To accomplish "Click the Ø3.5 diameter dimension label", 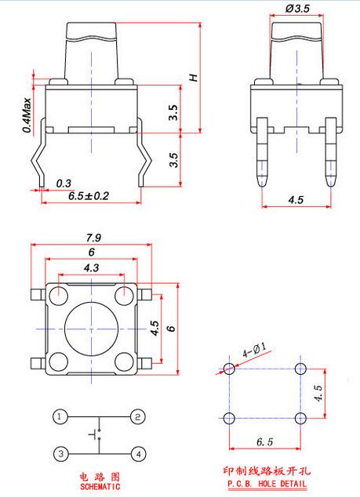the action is pyautogui.click(x=297, y=9).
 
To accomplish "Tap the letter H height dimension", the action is pyautogui.click(x=194, y=78).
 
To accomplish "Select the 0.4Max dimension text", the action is pyautogui.click(x=27, y=115).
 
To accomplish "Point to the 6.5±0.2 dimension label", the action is pyautogui.click(x=89, y=195).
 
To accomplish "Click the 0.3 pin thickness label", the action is pyautogui.click(x=64, y=184).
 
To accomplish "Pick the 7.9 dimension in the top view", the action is pyautogui.click(x=93, y=238).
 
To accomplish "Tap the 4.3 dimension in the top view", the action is pyautogui.click(x=92, y=267).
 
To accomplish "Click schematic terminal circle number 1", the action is pyautogui.click(x=60, y=416).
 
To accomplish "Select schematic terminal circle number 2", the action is pyautogui.click(x=138, y=416).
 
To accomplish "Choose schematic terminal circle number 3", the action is pyautogui.click(x=61, y=454).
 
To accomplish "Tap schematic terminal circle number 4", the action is pyautogui.click(x=139, y=454).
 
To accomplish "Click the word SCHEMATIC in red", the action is pyautogui.click(x=100, y=486).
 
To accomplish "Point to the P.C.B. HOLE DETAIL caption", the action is pyautogui.click(x=267, y=484).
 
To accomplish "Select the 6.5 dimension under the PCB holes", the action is pyautogui.click(x=264, y=442).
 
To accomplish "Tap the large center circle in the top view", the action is pyautogui.click(x=92, y=329).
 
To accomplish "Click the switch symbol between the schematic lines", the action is pyautogui.click(x=96, y=434).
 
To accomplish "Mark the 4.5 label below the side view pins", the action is pyautogui.click(x=296, y=200).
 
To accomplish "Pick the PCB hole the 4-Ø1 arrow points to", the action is pyautogui.click(x=229, y=369).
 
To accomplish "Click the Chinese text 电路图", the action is pyautogui.click(x=100, y=476).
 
